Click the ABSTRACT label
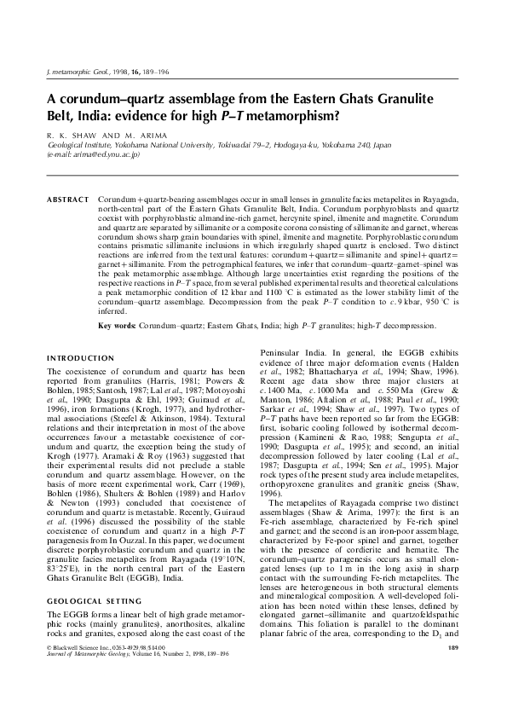pos(67,199)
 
